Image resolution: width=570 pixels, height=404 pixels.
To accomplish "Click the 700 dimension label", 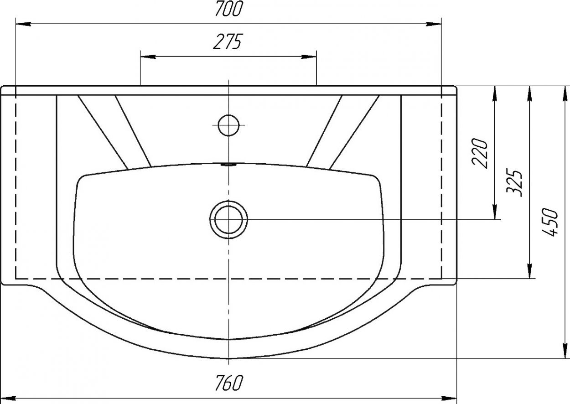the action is [x=229, y=9].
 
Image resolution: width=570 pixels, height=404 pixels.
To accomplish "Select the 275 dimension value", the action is [x=227, y=41].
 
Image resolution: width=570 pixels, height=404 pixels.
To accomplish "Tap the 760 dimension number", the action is [x=228, y=383].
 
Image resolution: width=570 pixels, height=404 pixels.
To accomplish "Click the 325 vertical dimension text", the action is [x=514, y=182].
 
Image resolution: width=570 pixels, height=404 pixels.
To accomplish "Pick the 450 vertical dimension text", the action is [x=550, y=222].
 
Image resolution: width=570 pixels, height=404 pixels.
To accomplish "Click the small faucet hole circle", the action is [x=228, y=125].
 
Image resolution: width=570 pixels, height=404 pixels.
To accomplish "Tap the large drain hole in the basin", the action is [x=228, y=219].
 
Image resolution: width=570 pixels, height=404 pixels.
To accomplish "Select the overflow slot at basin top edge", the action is [x=228, y=165].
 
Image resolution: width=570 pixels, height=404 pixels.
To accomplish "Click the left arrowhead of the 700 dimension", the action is [x=23, y=24].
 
